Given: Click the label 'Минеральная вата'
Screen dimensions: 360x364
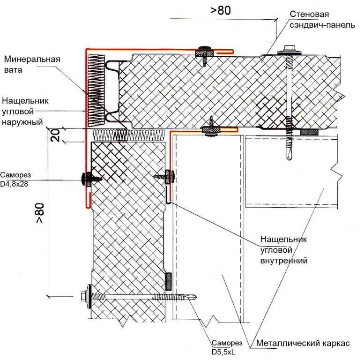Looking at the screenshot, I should [x=32, y=65].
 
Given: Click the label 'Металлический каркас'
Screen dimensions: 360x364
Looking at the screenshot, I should [x=303, y=343].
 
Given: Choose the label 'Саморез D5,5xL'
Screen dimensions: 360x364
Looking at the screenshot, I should [x=227, y=347].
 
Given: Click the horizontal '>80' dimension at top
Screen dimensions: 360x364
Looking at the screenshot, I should [x=220, y=11].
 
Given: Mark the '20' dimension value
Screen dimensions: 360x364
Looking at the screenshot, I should [x=55, y=135].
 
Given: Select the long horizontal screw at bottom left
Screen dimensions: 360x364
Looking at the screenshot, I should [x=141, y=296].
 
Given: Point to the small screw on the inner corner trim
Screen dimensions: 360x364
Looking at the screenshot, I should [x=166, y=177].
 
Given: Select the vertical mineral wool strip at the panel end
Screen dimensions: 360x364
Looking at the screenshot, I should [x=96, y=91].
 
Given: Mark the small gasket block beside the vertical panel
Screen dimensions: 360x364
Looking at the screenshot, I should [x=169, y=281].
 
